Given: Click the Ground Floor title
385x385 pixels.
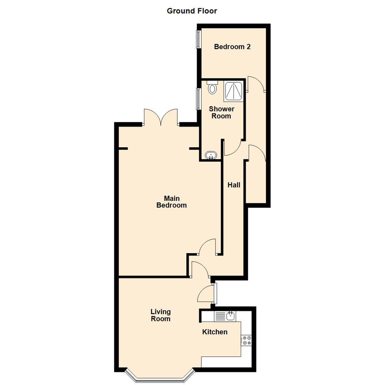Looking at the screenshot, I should (192, 11).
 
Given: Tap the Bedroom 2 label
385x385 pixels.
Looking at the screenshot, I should (232, 47).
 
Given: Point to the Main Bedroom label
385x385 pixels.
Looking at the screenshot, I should (171, 202).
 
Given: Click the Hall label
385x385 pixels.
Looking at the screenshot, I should (234, 185).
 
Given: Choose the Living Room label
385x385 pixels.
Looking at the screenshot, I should (160, 315).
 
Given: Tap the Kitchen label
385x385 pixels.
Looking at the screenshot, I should (215, 332).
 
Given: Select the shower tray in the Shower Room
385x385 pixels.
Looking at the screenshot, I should (234, 91).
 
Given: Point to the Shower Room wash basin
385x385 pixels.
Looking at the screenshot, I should (212, 156).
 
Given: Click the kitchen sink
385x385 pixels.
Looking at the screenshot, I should (231, 316).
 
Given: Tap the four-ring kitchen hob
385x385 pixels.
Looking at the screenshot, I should (246, 340).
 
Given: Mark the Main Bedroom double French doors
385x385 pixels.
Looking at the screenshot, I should (161, 118).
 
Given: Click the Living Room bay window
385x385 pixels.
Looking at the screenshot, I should (160, 377).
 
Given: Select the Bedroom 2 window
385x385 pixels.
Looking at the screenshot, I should (197, 39).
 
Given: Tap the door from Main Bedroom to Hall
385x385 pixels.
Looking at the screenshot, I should (207, 247).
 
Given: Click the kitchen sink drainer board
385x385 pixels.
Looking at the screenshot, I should (220, 316).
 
